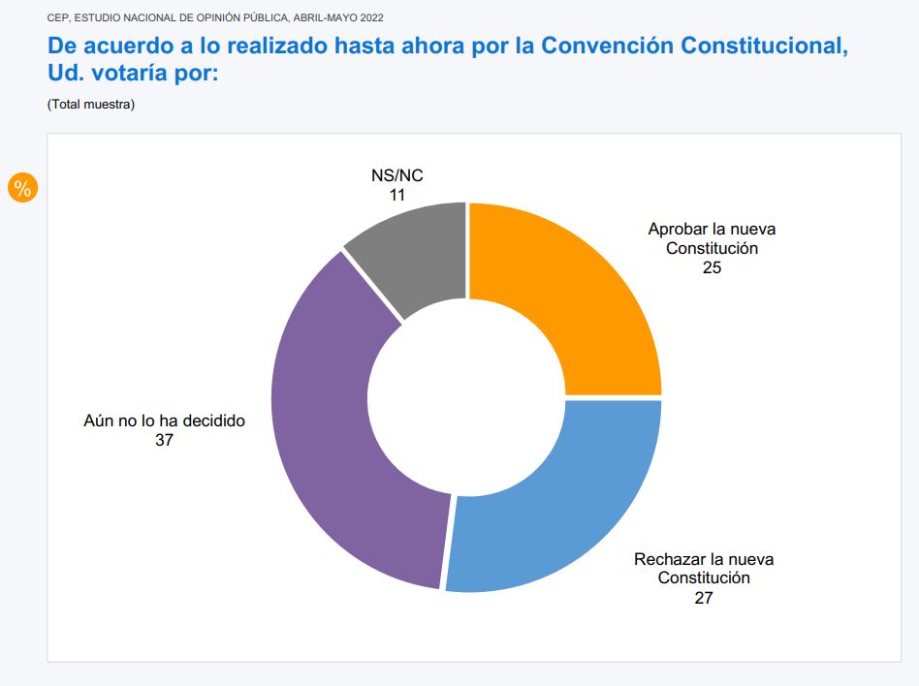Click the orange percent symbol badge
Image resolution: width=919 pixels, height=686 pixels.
(x=21, y=189)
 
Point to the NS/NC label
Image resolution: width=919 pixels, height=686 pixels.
(x=397, y=175)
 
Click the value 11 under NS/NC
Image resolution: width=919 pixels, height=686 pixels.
(x=397, y=195)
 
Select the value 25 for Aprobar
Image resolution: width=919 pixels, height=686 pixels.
(x=713, y=267)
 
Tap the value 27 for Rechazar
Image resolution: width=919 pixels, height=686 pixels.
(x=704, y=598)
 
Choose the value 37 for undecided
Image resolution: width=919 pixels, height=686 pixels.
(x=164, y=441)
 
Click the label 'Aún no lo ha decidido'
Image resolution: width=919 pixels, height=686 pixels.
(x=164, y=421)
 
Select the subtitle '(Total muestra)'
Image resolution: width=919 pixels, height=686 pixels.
(x=91, y=104)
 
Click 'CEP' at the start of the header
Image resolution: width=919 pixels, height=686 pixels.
(x=57, y=17)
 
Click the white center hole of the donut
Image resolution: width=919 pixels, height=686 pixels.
(x=466, y=396)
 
